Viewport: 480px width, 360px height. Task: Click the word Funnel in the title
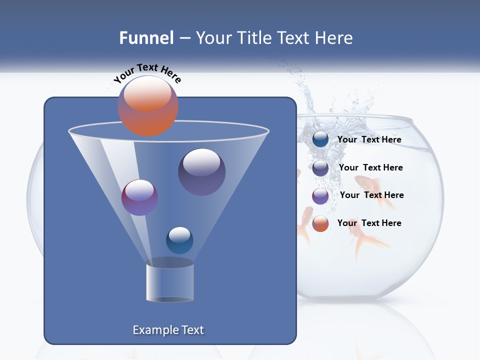click(146, 38)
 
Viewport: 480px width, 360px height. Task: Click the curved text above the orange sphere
click(147, 73)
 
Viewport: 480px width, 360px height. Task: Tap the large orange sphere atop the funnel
click(147, 105)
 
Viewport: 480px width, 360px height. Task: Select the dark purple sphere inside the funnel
click(201, 171)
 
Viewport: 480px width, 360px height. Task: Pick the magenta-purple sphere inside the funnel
click(139, 197)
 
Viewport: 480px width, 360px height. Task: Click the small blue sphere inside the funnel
click(179, 240)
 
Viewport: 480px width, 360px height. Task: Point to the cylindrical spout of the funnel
click(169, 281)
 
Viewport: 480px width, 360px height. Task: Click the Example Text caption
click(168, 330)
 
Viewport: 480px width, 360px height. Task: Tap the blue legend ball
click(320, 139)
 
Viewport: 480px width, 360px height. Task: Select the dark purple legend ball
click(320, 168)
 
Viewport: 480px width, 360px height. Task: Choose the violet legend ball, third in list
click(320, 196)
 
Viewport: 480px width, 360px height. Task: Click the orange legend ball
click(320, 223)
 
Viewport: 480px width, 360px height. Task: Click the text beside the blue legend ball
click(369, 140)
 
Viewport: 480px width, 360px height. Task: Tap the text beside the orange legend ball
click(369, 223)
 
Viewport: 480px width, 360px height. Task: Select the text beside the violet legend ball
click(371, 195)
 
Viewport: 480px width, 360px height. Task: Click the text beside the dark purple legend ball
click(370, 167)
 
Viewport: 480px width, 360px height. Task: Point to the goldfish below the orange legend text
click(367, 242)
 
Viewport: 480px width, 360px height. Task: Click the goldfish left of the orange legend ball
click(304, 227)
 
